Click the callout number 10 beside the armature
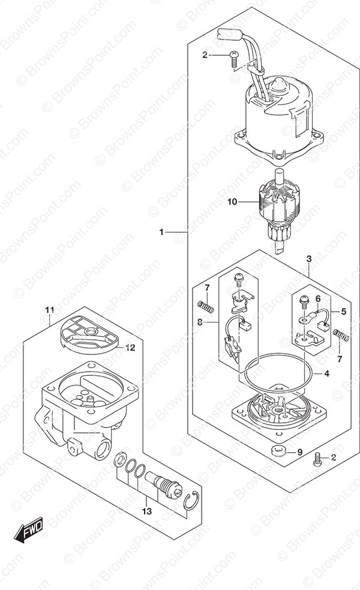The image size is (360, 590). pyautogui.click(x=232, y=202)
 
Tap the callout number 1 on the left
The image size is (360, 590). pyautogui.click(x=161, y=233)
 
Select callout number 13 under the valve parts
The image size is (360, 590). pyautogui.click(x=147, y=511)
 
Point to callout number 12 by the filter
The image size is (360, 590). pyautogui.click(x=130, y=348)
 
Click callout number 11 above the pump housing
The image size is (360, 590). pyautogui.click(x=50, y=311)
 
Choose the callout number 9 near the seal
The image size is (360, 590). pyautogui.click(x=300, y=452)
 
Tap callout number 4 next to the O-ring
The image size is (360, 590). pyautogui.click(x=326, y=374)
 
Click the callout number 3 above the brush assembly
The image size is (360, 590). pyautogui.click(x=309, y=259)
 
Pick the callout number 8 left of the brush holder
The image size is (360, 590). pyautogui.click(x=199, y=322)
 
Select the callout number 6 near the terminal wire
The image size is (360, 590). pyautogui.click(x=318, y=299)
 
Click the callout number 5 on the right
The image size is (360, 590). pyautogui.click(x=343, y=311)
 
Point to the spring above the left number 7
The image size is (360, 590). pyautogui.click(x=206, y=306)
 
